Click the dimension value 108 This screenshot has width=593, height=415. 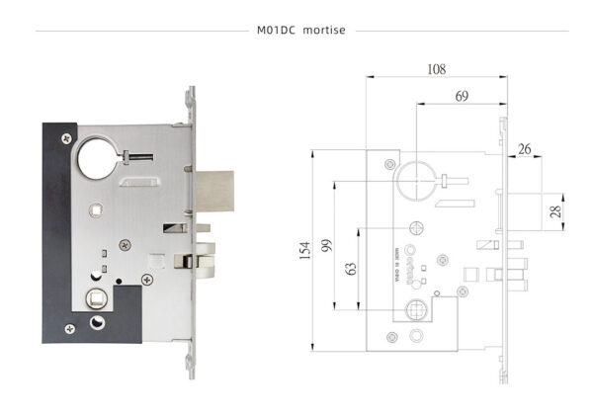(436, 69)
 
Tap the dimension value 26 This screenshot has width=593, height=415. (525, 149)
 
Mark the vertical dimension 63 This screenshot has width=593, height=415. (351, 269)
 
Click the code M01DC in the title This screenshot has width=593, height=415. (276, 31)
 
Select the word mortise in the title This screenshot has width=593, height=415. (324, 31)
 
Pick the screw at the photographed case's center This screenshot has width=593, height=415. (126, 243)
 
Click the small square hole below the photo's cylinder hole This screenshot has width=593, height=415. (95, 209)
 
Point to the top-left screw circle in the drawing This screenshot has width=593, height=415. (390, 163)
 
